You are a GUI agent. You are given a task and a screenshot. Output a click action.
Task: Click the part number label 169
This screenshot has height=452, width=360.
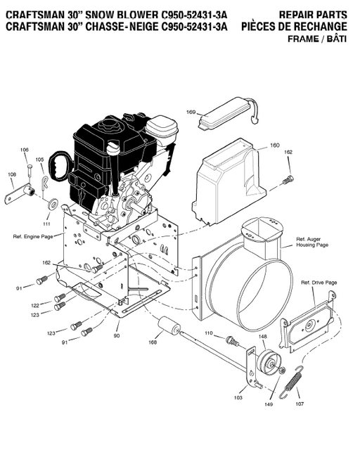tap(191, 112)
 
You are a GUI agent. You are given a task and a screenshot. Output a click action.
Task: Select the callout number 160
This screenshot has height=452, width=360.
tap(274, 146)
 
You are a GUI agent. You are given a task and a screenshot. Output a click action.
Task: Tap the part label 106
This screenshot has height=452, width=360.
tap(25, 150)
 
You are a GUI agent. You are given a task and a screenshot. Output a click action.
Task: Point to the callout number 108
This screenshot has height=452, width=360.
tap(12, 174)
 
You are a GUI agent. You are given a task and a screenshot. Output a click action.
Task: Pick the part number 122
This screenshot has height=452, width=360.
tap(35, 306)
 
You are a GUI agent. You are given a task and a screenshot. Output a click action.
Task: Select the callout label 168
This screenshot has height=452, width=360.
tap(153, 342)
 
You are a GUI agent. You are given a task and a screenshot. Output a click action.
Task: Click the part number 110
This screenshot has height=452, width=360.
tap(208, 332)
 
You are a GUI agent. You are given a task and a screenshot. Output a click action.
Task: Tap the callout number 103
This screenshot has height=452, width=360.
tap(238, 398)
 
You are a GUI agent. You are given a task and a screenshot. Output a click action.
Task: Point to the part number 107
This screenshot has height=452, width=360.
tap(300, 403)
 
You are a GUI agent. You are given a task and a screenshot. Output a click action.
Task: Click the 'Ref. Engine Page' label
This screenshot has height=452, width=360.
tap(33, 237)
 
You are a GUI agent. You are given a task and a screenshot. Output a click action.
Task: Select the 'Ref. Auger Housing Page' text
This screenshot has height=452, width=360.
tap(312, 242)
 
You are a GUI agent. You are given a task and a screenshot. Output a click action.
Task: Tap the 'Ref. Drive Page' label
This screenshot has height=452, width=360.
tap(319, 283)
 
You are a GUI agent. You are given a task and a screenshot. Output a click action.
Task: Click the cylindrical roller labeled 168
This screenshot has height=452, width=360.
tap(169, 328)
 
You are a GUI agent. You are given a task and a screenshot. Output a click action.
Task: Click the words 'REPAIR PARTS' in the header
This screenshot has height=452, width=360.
tap(313, 15)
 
